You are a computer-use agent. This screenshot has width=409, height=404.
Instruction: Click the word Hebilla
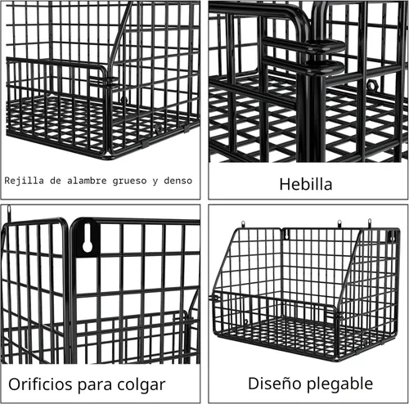tap(306, 184)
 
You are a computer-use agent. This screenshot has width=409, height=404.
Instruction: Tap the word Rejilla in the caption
tap(24, 181)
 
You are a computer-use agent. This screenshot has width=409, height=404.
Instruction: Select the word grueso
tap(129, 181)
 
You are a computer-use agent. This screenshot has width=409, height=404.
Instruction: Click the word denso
tap(178, 181)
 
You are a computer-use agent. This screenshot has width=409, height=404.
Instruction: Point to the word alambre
tap(87, 181)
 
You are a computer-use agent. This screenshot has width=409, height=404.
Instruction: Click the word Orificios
tap(41, 384)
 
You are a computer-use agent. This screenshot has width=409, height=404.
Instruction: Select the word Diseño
tap(275, 384)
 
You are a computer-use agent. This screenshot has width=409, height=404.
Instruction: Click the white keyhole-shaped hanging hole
tap(88, 239)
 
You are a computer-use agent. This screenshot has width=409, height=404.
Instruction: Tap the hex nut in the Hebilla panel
tap(371, 85)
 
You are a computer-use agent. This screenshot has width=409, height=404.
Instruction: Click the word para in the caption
tap(96, 386)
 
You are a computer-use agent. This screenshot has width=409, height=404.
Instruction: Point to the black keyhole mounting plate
tap(88, 238)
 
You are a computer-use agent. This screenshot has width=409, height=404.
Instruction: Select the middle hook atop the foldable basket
tap(339, 223)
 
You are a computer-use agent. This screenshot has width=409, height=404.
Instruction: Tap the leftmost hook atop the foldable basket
tap(243, 224)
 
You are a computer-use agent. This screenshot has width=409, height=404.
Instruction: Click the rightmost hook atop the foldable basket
tap(370, 222)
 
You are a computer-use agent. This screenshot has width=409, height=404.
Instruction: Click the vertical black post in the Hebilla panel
tap(312, 114)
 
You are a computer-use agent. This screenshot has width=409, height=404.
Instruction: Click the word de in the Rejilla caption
tap(56, 181)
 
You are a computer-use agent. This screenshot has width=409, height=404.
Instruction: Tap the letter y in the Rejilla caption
tap(155, 182)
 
